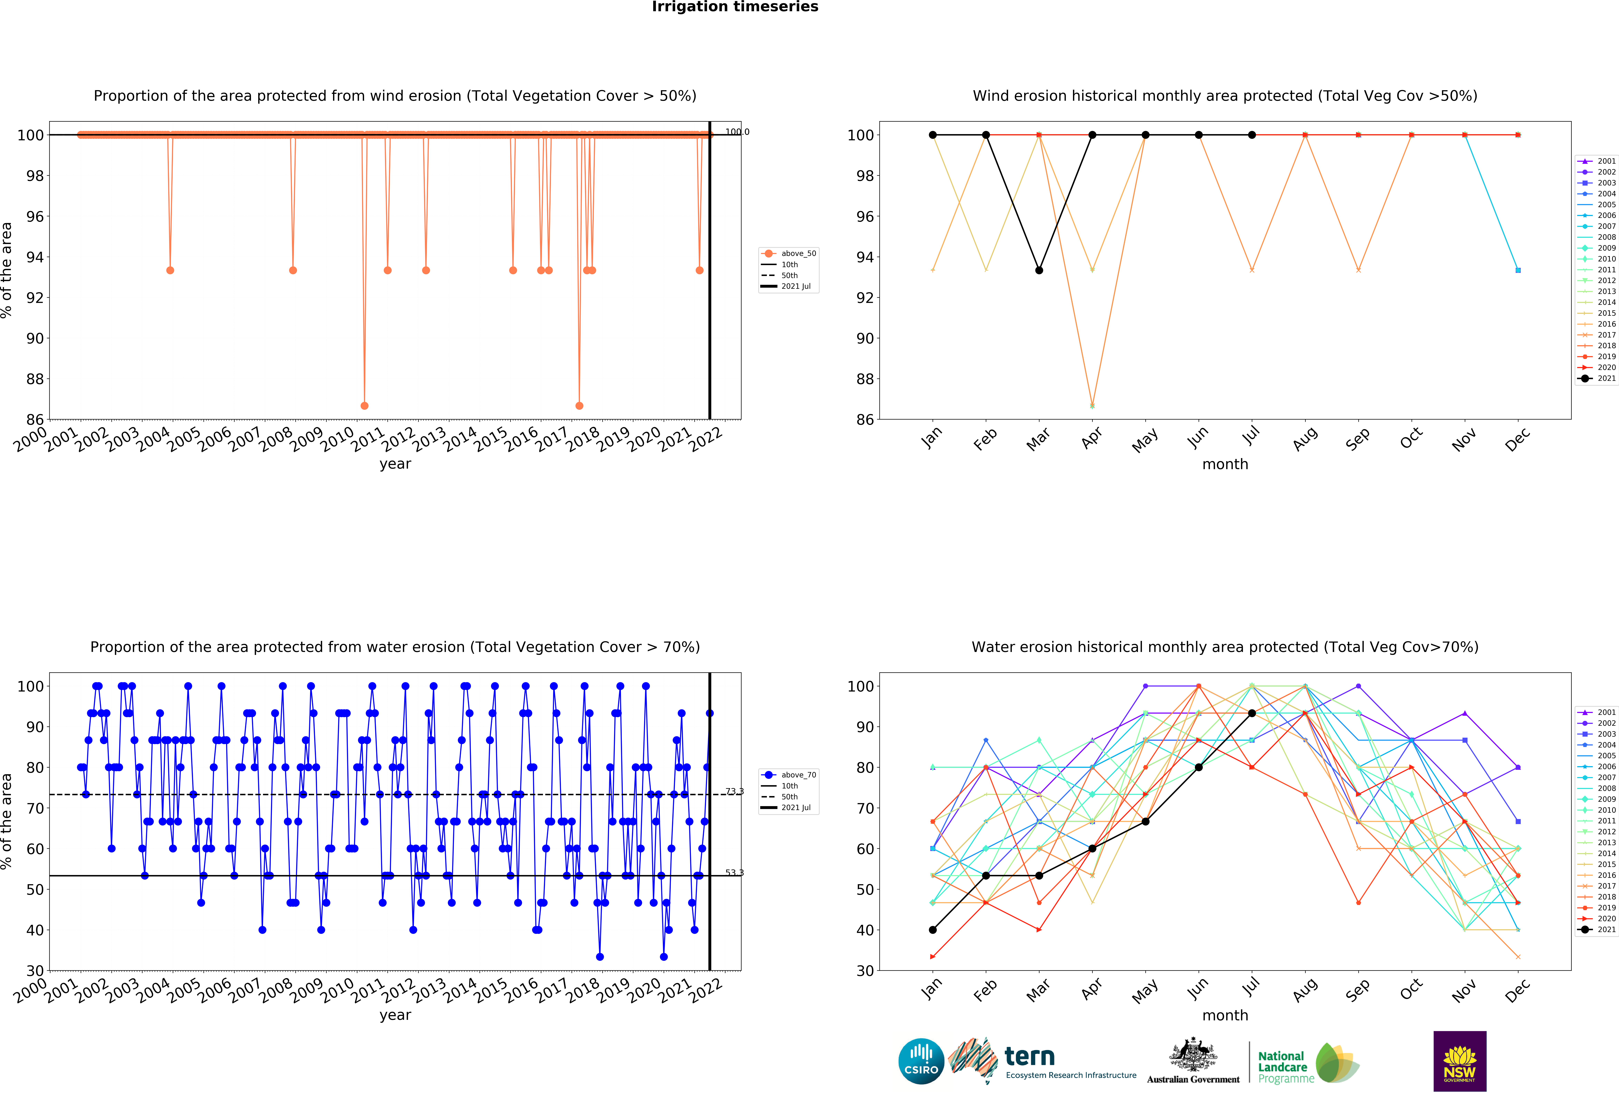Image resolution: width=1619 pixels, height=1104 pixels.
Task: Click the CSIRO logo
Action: (x=921, y=1061)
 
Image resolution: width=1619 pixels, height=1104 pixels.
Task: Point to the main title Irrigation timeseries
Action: (x=735, y=7)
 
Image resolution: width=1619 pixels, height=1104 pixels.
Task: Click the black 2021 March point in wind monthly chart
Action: (x=1039, y=270)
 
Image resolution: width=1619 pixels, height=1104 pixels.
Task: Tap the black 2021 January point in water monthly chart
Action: (x=933, y=930)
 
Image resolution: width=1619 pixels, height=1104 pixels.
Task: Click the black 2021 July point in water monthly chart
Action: (x=1252, y=713)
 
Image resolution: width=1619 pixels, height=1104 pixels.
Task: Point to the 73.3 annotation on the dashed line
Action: (x=734, y=792)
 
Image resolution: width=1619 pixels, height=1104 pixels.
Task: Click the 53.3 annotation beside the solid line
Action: (x=734, y=873)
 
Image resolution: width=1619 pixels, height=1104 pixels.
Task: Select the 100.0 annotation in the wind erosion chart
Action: (x=737, y=132)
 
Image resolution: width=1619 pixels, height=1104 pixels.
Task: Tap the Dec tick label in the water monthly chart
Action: (x=1517, y=990)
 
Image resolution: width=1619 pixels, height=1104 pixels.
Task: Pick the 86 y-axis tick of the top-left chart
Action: (x=35, y=420)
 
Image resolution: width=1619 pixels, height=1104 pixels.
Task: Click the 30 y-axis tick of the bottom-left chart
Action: (x=35, y=971)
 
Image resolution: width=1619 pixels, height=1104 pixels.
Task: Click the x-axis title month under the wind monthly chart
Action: (x=1225, y=464)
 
